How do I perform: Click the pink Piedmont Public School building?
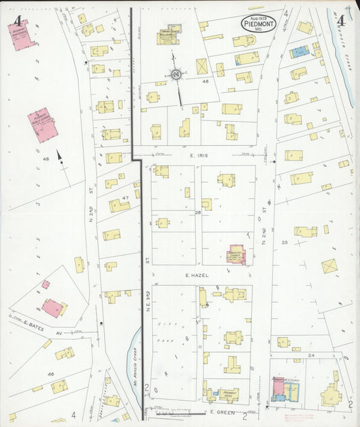point(42,125)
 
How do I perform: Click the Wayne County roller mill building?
point(168,36)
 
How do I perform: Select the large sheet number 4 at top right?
point(341,20)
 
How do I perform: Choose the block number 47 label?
point(125,198)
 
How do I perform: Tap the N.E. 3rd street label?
point(146,265)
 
